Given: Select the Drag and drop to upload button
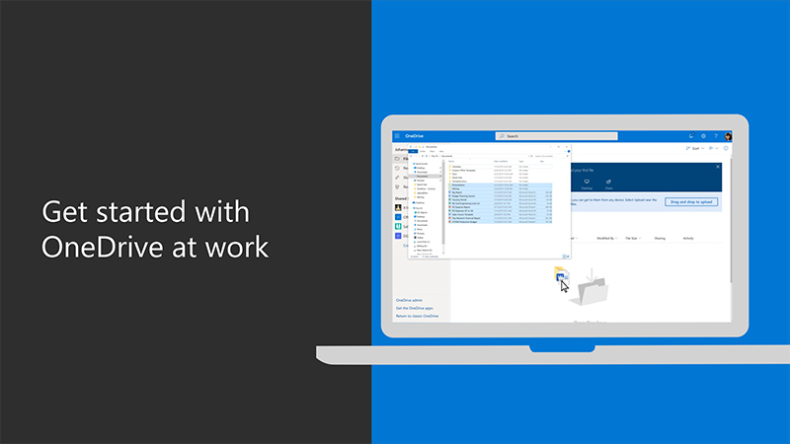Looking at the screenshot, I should pos(691,201).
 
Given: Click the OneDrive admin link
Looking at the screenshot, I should pos(409,300).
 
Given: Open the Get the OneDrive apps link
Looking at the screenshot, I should pos(415,308).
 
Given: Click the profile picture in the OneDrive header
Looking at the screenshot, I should pos(728,136).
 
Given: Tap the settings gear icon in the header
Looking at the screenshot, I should pos(703,136).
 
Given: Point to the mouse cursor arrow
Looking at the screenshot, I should pos(564,286).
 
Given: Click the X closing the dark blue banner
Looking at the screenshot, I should pos(718,167).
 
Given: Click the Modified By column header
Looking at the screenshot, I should pos(606,238).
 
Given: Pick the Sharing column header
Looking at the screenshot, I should pos(659,238).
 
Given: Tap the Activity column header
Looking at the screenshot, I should pos(688,238).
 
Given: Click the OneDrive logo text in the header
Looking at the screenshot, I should pos(414,136).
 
